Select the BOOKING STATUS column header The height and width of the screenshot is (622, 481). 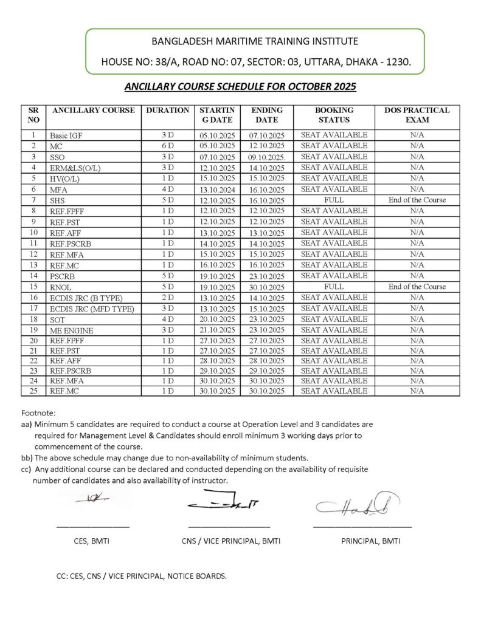(x=334, y=115)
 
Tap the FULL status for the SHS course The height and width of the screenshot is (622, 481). (x=334, y=200)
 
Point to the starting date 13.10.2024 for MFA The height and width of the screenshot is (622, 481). (x=217, y=189)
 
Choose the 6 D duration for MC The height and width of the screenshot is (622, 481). (x=167, y=146)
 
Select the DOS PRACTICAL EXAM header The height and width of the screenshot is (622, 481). (x=417, y=115)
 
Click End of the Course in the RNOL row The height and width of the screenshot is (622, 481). (x=417, y=287)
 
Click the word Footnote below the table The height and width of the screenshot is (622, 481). (x=38, y=412)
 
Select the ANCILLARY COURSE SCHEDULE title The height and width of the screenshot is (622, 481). (x=240, y=87)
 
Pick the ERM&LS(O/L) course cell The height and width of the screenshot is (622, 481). (x=75, y=168)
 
